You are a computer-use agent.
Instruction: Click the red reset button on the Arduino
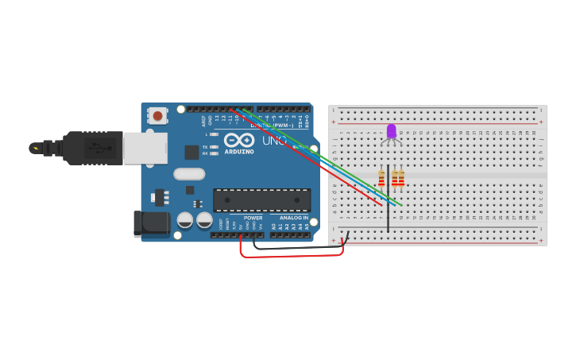[157, 116]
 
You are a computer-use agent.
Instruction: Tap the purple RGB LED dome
[391, 130]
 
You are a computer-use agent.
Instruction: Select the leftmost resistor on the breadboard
[381, 179]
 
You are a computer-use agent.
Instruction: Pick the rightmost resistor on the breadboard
[401, 179]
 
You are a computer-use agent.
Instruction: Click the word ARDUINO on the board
[238, 152]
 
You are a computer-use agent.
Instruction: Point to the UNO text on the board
[274, 141]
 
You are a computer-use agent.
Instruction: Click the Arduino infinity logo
[238, 140]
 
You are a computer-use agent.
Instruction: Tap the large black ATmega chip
[261, 199]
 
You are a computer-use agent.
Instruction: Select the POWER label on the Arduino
[253, 218]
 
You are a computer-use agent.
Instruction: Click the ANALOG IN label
[293, 218]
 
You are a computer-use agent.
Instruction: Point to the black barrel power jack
[151, 223]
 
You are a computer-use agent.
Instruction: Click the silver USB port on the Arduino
[145, 148]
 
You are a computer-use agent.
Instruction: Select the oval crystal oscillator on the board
[189, 174]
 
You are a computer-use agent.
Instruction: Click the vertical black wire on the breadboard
[388, 211]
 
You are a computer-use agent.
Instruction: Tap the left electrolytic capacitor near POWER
[184, 220]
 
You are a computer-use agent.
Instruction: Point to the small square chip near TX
[191, 152]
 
